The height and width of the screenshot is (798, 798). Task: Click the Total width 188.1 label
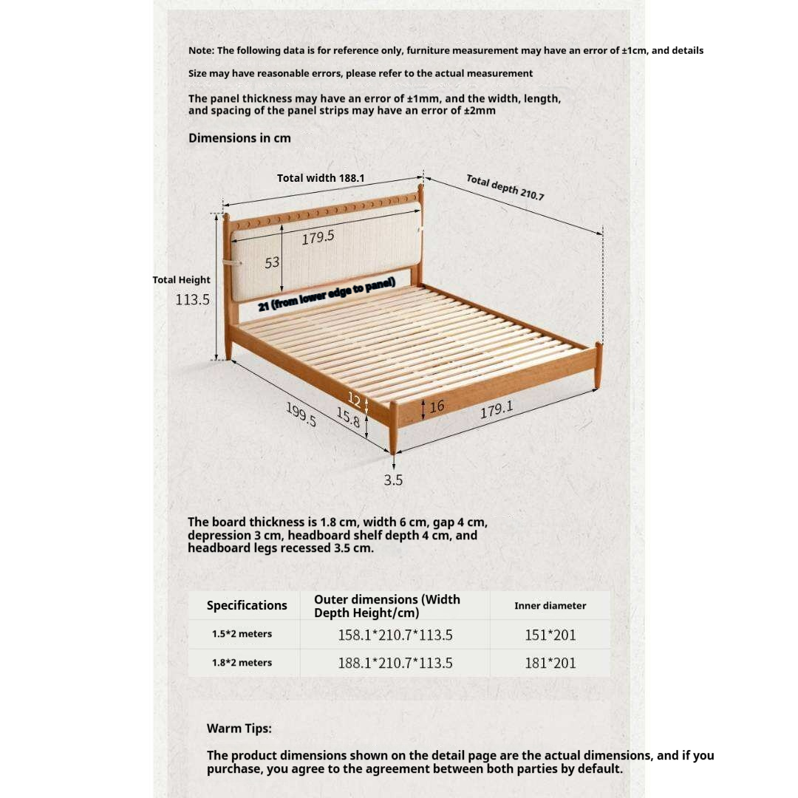tap(321, 178)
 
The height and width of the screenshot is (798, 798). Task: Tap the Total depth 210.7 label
tap(505, 188)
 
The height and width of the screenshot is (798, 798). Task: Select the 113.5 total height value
tap(193, 300)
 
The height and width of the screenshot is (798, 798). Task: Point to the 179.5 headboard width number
tap(318, 237)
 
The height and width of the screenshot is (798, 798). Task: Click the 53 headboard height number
tap(272, 262)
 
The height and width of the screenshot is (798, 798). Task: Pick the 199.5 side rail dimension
tap(301, 415)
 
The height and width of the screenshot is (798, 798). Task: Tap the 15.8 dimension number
tap(348, 417)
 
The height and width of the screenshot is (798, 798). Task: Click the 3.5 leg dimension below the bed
tap(393, 480)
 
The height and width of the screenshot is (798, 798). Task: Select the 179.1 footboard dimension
tap(497, 409)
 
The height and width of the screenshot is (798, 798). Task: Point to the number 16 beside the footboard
tap(437, 406)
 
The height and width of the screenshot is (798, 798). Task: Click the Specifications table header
tap(247, 605)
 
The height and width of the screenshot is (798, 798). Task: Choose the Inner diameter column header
tap(550, 606)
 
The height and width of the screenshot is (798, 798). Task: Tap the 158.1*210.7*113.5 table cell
tap(395, 635)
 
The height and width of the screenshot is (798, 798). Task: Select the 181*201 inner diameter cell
tap(550, 663)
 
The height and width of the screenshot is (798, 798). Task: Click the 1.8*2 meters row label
tap(242, 663)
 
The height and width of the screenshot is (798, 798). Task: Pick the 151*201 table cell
tap(550, 635)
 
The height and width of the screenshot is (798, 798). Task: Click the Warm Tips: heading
tap(239, 729)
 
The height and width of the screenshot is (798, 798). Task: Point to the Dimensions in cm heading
tap(239, 138)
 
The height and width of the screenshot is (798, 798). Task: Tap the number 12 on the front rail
tap(355, 400)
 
